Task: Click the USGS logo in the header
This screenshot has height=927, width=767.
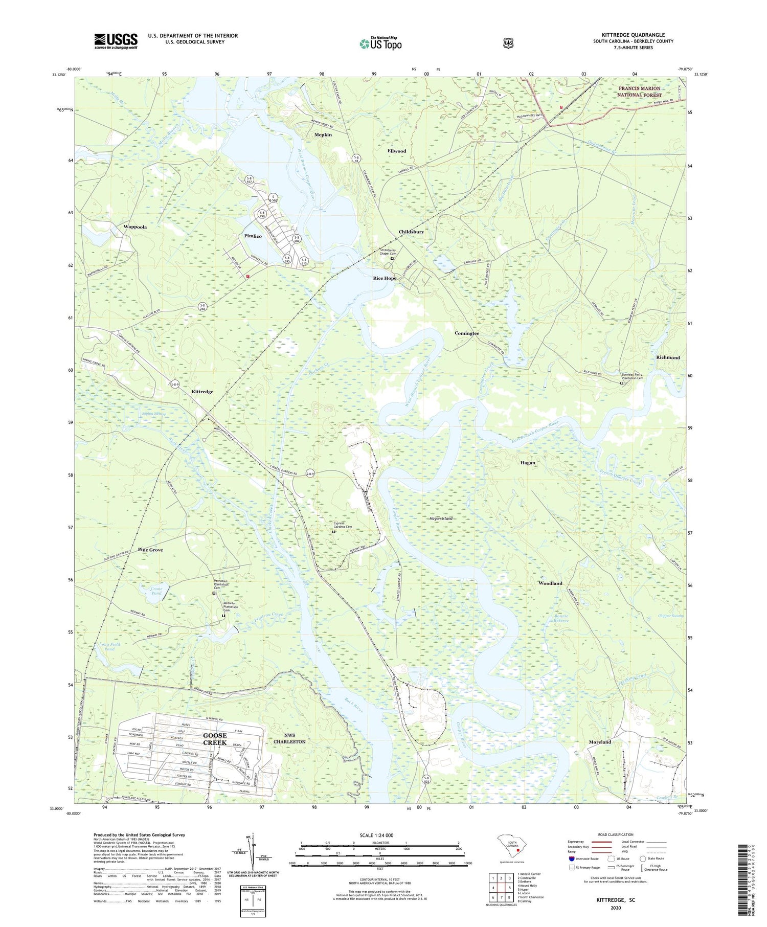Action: (x=116, y=41)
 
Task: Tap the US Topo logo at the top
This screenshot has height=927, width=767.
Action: (x=380, y=43)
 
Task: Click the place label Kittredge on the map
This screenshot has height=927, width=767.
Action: (x=202, y=392)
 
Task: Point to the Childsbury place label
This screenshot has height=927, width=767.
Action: (x=411, y=232)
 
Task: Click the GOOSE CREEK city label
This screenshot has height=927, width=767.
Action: (x=214, y=739)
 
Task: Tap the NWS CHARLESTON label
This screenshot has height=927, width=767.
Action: (x=289, y=738)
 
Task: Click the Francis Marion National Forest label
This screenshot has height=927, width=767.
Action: (x=639, y=92)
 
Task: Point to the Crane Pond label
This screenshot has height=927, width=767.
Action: (x=156, y=591)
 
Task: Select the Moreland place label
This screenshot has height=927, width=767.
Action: (x=600, y=742)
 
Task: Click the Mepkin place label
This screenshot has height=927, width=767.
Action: (x=323, y=135)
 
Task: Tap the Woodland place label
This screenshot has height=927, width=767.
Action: (x=550, y=583)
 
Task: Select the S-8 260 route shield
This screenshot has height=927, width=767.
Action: (x=204, y=307)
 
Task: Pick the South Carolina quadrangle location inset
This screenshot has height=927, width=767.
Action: (x=512, y=848)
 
